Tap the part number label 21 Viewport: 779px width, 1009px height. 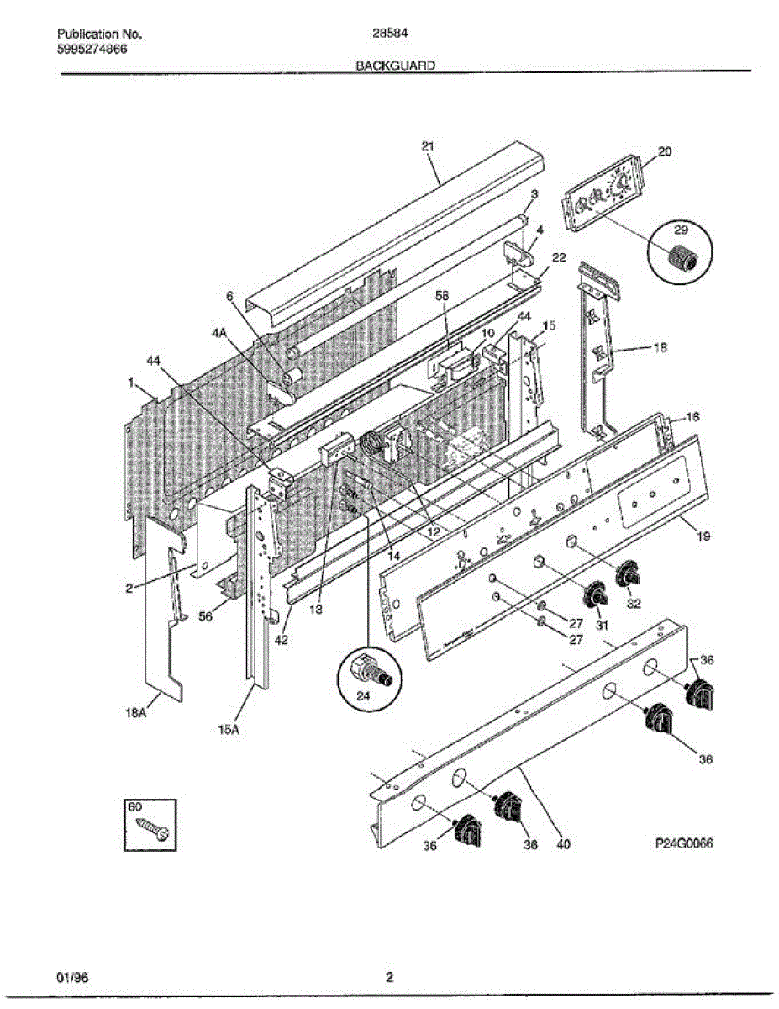[428, 146]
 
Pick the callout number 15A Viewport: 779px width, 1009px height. [229, 730]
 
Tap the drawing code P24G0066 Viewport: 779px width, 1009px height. [684, 845]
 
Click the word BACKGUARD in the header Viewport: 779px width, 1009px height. [394, 65]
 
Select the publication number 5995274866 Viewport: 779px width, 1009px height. [92, 49]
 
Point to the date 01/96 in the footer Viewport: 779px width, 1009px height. [71, 977]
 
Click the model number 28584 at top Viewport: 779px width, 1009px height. [384, 34]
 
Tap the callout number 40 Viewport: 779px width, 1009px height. [563, 846]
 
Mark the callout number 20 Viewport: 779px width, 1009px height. [665, 151]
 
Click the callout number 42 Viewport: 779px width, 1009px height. [280, 638]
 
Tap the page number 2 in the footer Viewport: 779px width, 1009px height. [389, 977]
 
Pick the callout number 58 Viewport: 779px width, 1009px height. [442, 296]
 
